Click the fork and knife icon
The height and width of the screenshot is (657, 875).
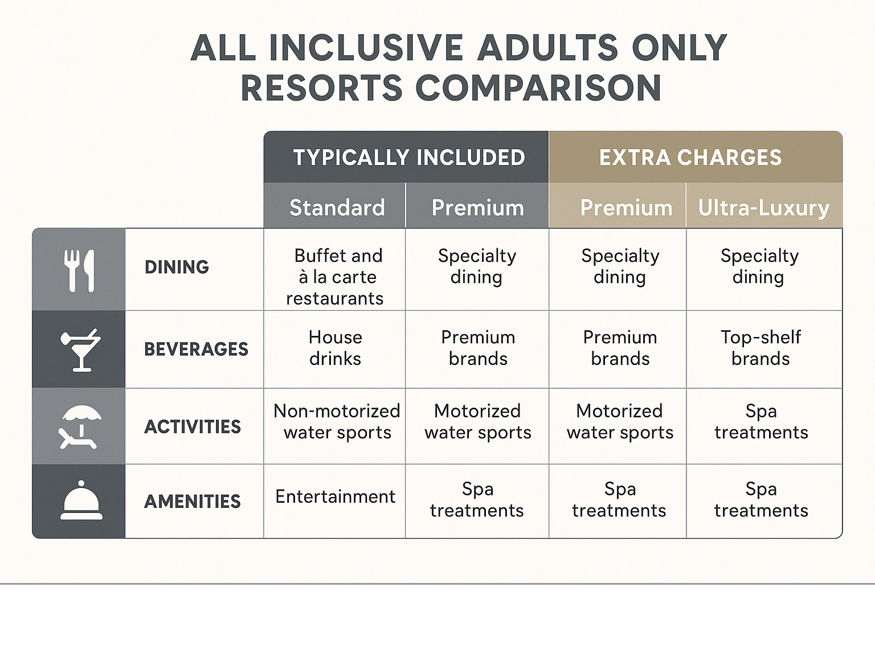pos(79,270)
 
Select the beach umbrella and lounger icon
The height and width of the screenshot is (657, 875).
pos(80,426)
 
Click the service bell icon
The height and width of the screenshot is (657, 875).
pos(81,500)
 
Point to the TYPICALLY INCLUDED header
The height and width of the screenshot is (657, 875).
pos(408,157)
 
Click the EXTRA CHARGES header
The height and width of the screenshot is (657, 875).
pos(690,157)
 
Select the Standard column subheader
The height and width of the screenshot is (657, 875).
pos(337,207)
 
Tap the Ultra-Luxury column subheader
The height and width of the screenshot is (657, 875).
pos(763,207)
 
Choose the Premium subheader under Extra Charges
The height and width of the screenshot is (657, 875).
pos(625,207)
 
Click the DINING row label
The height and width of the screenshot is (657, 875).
pos(177,267)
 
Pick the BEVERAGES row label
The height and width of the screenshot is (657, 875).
pos(196,349)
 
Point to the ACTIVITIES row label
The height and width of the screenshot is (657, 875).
pos(193,426)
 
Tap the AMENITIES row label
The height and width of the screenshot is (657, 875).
pos(193,501)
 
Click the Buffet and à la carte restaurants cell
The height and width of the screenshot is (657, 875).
pos(336,277)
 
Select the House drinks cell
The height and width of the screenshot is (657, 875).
pos(335,348)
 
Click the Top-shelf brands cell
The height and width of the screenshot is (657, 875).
pos(760,348)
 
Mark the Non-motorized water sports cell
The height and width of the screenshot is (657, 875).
pos(337,421)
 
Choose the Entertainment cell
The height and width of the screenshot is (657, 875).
pos(335,496)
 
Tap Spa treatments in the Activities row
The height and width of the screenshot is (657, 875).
pos(760,421)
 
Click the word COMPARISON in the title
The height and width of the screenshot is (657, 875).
pos(538,88)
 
